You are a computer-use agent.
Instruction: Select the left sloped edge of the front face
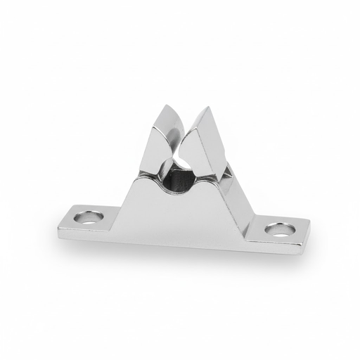click(141, 197)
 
